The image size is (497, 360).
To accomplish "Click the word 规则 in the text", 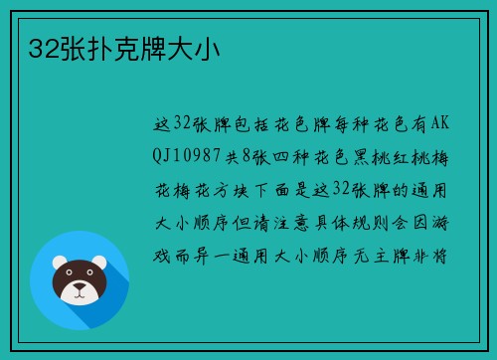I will [400, 223].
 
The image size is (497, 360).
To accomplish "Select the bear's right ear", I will [105, 265].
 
